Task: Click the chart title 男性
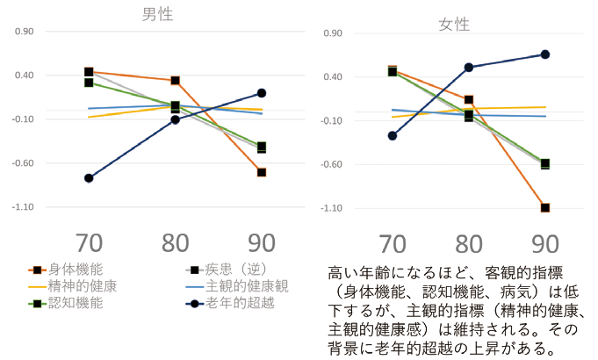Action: pyautogui.click(x=158, y=15)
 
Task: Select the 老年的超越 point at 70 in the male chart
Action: pyautogui.click(x=89, y=178)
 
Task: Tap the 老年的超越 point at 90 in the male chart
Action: pyautogui.click(x=262, y=93)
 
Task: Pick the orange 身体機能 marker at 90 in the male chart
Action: pyautogui.click(x=262, y=172)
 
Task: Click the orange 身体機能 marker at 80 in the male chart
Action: pyautogui.click(x=176, y=81)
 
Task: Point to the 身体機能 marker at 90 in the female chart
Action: pyautogui.click(x=545, y=208)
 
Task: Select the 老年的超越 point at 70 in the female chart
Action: pyautogui.click(x=393, y=136)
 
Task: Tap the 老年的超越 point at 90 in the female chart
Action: pyautogui.click(x=545, y=54)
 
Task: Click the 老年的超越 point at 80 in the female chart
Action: pyautogui.click(x=469, y=68)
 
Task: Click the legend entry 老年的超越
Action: pyautogui.click(x=242, y=303)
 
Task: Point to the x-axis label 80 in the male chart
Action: pyautogui.click(x=176, y=243)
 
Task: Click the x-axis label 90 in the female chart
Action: pyautogui.click(x=545, y=244)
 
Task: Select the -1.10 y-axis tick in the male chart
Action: pyautogui.click(x=22, y=207)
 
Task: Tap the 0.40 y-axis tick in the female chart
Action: pyautogui.click(x=332, y=77)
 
